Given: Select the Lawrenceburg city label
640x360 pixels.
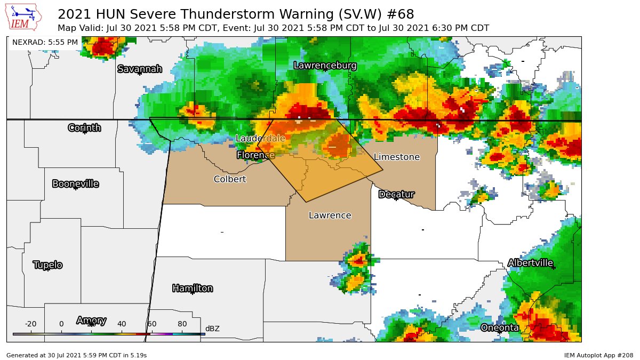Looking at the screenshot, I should (325, 66).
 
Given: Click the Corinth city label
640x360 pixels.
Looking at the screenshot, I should (84, 127).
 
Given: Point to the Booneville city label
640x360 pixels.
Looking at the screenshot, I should (75, 184).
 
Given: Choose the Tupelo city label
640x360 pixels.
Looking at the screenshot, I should (48, 265).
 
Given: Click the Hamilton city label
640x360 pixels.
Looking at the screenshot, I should (193, 289).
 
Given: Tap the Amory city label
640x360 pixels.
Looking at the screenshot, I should (91, 321).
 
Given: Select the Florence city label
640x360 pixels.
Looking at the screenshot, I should (255, 155).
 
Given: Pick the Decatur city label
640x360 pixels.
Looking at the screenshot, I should (396, 195).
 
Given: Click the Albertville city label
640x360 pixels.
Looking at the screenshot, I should (530, 263).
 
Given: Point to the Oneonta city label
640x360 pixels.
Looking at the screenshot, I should (500, 327).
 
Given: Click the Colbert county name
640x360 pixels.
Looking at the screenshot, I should (230, 179).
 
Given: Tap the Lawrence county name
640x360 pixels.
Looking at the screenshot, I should (330, 215).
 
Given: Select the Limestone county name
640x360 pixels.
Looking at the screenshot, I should (396, 157).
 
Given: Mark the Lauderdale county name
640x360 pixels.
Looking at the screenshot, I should (260, 139).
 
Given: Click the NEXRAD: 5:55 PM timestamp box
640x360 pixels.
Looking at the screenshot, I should (45, 42).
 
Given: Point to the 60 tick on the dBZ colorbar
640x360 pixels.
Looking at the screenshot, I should (152, 324).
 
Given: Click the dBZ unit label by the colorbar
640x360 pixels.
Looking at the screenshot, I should (212, 329).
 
